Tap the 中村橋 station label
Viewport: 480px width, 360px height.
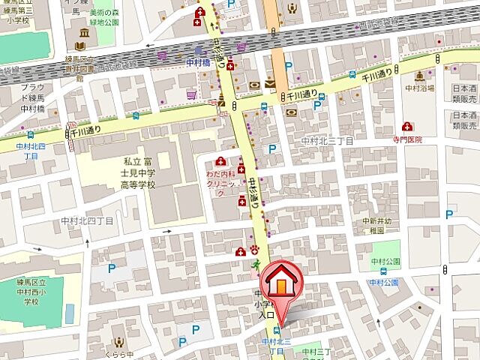[x=199, y=63]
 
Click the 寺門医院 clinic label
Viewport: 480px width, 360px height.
[x=407, y=139]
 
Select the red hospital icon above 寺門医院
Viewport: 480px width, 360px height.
[x=407, y=126]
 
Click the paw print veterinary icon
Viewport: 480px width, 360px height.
[x=254, y=250]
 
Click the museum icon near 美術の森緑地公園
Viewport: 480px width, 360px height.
[x=81, y=34]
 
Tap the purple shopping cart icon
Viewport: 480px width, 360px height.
[x=192, y=94]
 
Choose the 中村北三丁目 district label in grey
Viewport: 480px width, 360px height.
[x=327, y=141]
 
